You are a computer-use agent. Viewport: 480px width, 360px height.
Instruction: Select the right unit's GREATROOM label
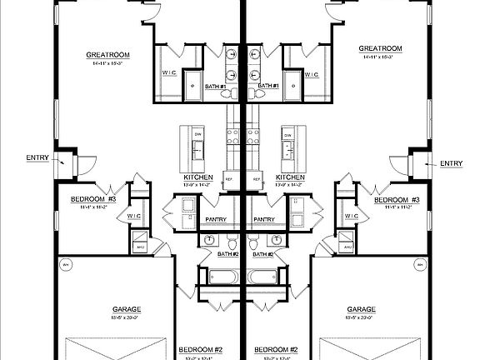click(380, 48)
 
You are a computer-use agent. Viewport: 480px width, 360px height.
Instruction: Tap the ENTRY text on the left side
click(37, 157)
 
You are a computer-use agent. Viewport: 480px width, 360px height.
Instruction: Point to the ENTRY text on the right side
click(451, 163)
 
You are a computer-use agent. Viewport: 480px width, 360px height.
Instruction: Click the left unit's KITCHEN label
click(198, 177)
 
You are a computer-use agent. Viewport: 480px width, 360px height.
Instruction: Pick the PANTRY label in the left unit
click(227, 220)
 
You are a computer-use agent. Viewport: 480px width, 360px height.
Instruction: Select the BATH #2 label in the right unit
click(264, 253)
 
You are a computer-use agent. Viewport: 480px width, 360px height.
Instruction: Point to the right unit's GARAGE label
click(361, 309)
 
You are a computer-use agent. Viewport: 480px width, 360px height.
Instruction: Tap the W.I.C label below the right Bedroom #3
click(350, 217)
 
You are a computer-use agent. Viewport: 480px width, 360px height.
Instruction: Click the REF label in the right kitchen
click(256, 178)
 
